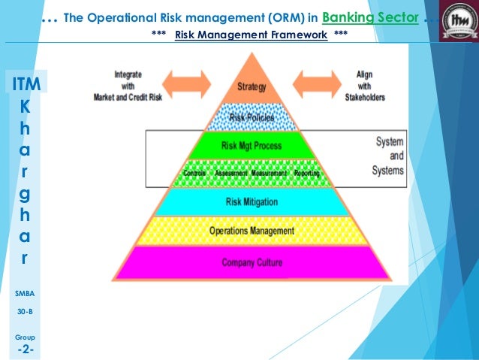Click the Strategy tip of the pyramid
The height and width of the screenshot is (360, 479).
point(251,86)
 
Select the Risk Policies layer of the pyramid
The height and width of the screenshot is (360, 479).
point(251,117)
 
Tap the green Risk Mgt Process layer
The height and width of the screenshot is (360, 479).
point(251,145)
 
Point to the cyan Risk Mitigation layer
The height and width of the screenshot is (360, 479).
point(252,201)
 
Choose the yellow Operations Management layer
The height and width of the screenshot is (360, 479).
point(252,231)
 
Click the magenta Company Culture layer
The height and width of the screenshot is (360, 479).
point(252,262)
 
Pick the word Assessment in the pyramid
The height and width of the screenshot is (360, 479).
point(231,174)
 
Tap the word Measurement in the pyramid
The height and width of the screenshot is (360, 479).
point(268,174)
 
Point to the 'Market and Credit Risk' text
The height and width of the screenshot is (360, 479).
point(127,98)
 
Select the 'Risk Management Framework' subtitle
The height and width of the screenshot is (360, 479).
point(251,35)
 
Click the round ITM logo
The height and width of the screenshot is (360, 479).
point(457,20)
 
